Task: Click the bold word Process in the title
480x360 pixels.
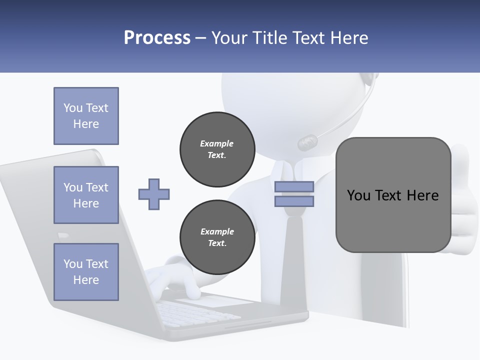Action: coord(157,37)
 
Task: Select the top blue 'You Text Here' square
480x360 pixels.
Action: coord(86,116)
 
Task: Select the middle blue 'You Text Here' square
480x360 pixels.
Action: coord(86,195)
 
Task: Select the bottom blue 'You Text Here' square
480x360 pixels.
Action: coord(86,272)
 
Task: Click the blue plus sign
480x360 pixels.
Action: coord(154,194)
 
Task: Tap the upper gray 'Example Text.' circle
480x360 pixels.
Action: coord(217,149)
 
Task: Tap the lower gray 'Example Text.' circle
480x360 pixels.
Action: coord(217,237)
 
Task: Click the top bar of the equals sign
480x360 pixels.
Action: coord(294,187)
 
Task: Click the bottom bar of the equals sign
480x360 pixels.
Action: coord(294,201)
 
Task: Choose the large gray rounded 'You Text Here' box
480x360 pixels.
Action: coord(393,195)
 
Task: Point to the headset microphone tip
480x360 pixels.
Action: coord(307,143)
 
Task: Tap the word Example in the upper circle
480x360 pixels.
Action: coord(217,143)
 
